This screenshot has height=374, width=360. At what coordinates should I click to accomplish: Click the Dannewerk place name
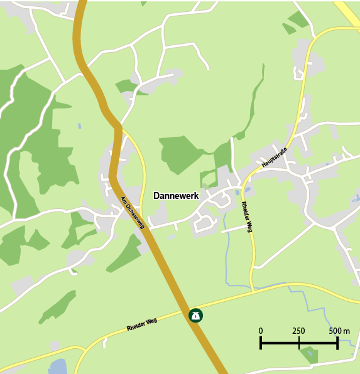(176, 196)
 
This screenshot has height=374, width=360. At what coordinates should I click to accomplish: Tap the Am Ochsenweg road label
(133, 213)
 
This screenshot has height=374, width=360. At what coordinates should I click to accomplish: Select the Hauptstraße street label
(274, 158)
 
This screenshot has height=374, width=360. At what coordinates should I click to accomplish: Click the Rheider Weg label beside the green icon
(141, 324)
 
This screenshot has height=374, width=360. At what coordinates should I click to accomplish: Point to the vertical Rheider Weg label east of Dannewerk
(247, 217)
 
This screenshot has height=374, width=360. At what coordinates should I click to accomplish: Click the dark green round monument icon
(196, 315)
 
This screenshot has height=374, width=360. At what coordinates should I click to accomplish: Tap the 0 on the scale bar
(261, 331)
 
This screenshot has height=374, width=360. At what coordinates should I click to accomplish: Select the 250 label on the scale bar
(298, 331)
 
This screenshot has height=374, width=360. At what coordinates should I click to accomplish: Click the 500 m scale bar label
(339, 331)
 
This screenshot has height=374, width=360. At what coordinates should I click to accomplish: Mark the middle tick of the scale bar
(299, 343)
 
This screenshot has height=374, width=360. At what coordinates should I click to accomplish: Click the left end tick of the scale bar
(261, 343)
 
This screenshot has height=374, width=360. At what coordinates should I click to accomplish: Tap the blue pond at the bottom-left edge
(57, 366)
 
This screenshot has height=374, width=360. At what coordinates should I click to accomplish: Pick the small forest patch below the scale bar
(309, 355)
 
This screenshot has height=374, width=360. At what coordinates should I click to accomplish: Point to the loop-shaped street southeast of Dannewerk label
(205, 222)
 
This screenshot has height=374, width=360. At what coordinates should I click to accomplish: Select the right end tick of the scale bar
(337, 343)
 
